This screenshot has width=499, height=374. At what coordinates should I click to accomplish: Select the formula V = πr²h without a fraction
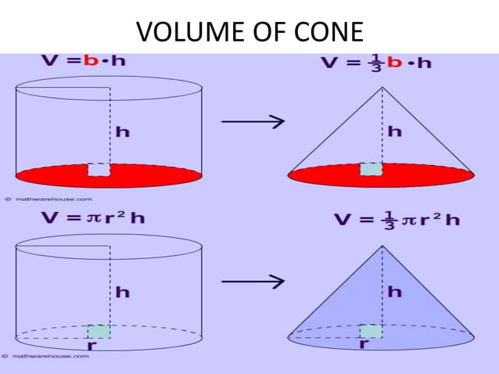click(x=93, y=218)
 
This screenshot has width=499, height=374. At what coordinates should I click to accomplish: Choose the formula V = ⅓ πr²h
click(x=397, y=219)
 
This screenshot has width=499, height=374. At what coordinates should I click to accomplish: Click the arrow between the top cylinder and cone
click(x=251, y=121)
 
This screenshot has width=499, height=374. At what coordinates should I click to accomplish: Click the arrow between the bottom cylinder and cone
click(x=251, y=282)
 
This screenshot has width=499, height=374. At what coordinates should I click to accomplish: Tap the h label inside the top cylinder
click(x=123, y=132)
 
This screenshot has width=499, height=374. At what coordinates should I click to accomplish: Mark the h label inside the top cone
click(x=395, y=131)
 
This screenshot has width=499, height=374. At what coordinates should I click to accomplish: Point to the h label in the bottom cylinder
click(x=123, y=292)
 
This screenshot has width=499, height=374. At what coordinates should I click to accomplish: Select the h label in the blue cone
click(x=395, y=291)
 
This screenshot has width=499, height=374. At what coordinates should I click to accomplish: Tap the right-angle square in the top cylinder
click(x=99, y=170)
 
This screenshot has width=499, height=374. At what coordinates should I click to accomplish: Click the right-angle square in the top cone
click(x=371, y=170)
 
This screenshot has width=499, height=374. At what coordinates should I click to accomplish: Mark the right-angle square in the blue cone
click(x=371, y=330)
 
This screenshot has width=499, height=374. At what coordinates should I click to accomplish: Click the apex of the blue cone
click(x=382, y=246)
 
